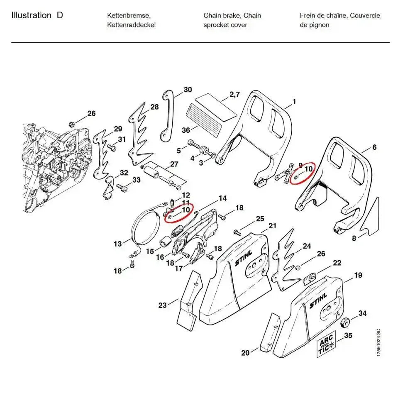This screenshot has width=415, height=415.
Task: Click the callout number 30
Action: tap(188, 90)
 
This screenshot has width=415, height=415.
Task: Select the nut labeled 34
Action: tap(344, 322)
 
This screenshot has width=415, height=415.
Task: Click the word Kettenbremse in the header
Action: tap(129, 16)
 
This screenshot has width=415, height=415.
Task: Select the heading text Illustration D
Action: tap(37, 16)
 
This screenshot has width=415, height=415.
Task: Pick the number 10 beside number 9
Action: tap(308, 169)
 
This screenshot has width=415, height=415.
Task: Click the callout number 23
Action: tap(162, 305)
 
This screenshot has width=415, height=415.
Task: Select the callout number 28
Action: tap(154, 107)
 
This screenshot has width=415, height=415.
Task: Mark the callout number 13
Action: tap(118, 244)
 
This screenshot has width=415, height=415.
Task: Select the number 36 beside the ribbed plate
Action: tap(186, 130)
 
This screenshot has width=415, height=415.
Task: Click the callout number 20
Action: tap(245, 353)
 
